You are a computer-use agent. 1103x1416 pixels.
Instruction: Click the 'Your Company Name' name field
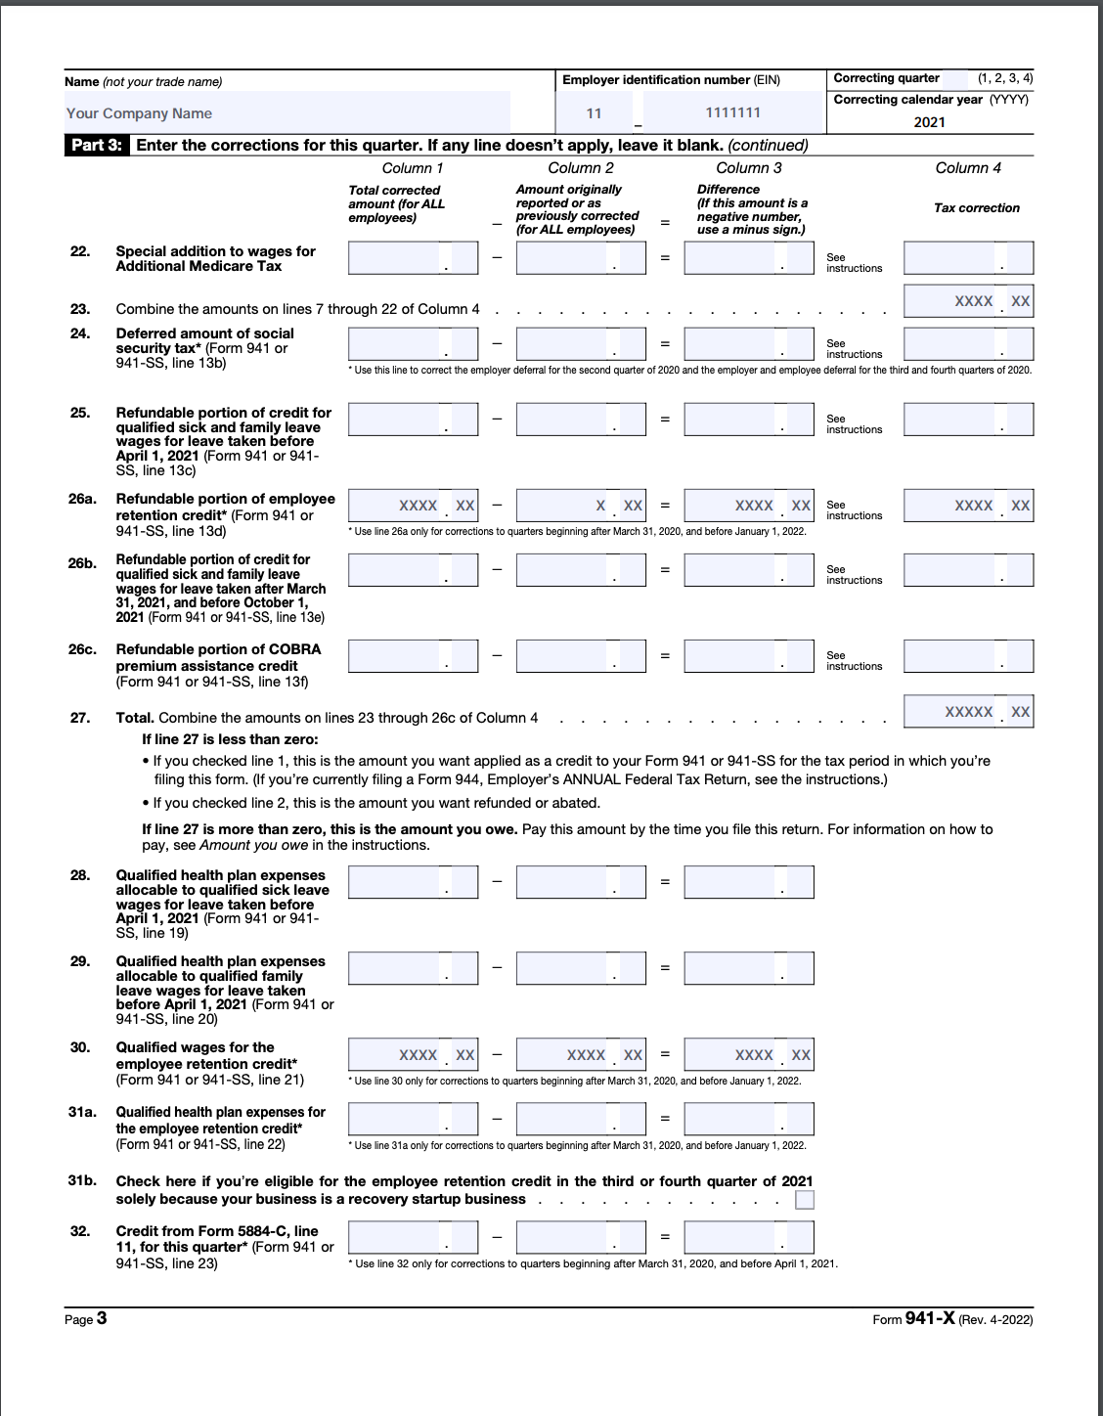pos(287,113)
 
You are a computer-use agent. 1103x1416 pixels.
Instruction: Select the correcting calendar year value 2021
pos(929,122)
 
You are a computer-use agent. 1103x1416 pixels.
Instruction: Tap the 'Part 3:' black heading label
pos(97,145)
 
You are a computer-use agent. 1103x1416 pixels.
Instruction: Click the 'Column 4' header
pos(968,168)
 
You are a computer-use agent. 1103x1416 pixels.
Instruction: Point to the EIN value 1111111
pos(733,112)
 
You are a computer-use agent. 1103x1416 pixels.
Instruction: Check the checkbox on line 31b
pos(805,1200)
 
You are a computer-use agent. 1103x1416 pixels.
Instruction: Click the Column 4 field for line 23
pos(968,301)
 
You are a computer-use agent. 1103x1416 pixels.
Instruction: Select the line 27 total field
pos(968,712)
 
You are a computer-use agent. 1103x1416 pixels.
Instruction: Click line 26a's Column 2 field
pos(581,506)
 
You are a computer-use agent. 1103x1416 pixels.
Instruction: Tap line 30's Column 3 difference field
pos(749,1055)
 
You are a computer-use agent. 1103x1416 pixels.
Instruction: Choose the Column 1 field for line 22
pos(413,258)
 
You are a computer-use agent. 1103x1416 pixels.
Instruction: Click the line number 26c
pos(82,649)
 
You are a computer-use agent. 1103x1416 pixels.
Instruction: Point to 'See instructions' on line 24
pos(854,349)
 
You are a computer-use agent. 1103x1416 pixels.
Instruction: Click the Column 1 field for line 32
pos(413,1237)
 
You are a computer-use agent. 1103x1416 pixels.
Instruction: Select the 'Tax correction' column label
pos(976,208)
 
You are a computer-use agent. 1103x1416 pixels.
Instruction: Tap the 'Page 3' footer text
pos(86,1319)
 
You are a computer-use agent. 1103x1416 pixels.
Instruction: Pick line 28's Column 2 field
pos(581,882)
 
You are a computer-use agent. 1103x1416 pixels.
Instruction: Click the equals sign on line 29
pos(665,968)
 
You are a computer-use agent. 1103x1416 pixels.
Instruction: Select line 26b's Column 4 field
pos(968,570)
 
